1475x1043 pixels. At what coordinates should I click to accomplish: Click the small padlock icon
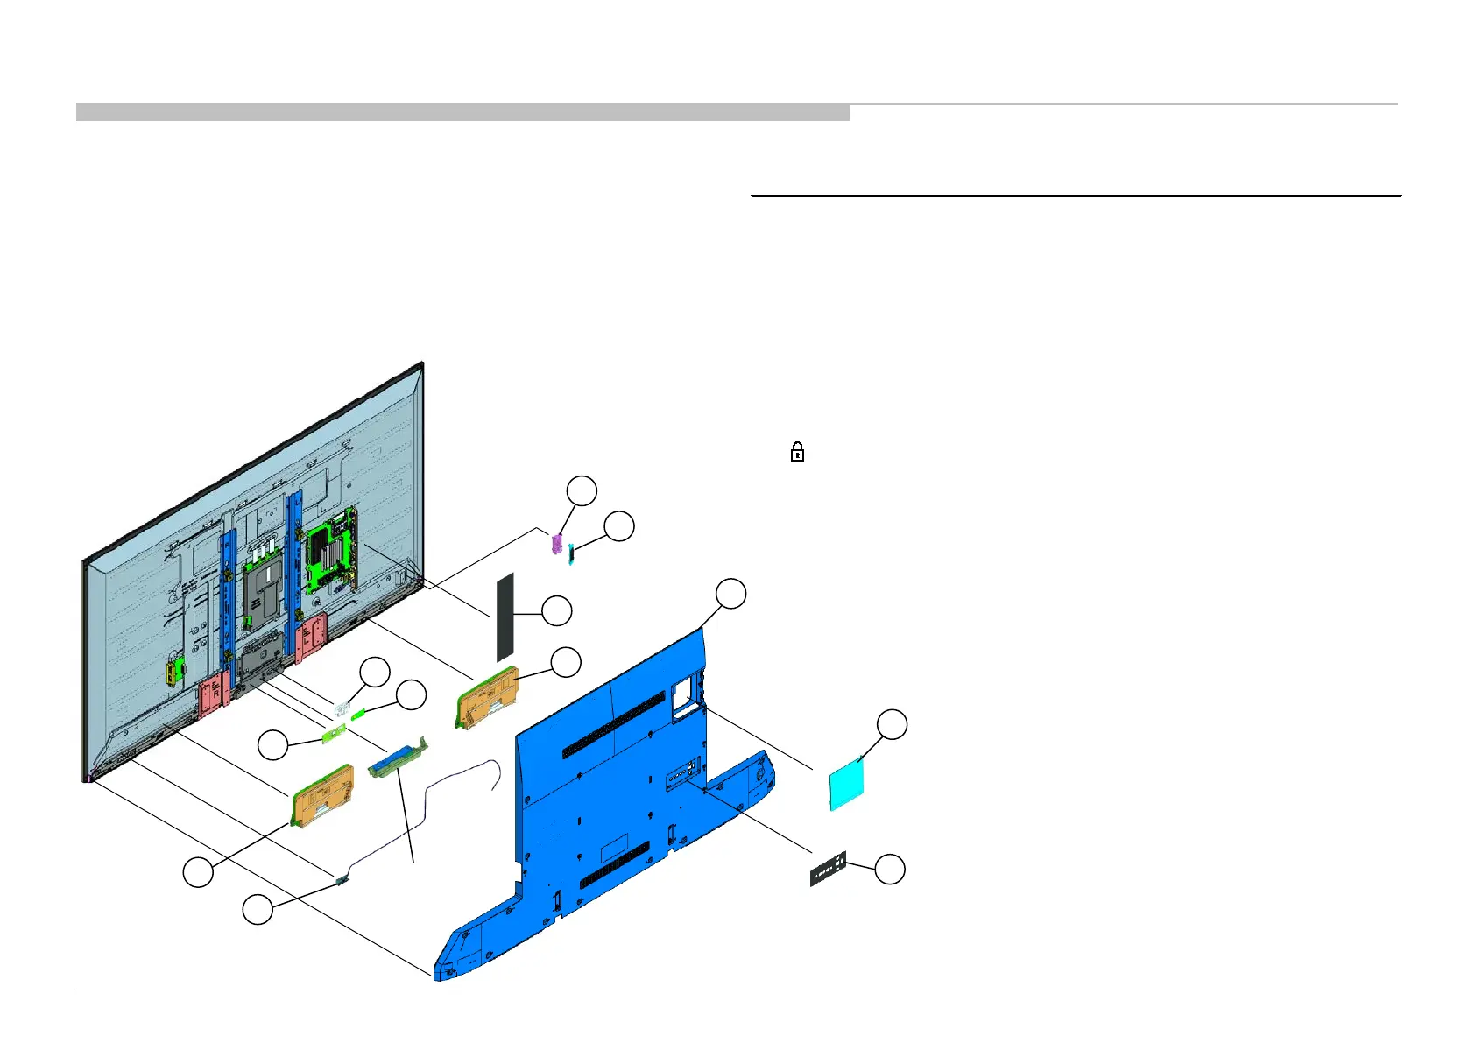(797, 452)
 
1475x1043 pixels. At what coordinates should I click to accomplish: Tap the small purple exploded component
(554, 544)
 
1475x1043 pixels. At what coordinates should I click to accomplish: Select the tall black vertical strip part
(505, 617)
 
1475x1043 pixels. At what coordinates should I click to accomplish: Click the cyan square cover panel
(847, 784)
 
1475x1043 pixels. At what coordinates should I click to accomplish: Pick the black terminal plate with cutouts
(828, 869)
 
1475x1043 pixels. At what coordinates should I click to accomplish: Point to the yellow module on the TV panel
(173, 673)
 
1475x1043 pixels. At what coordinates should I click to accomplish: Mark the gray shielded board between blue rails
(263, 595)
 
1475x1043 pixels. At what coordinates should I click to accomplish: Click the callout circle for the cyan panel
(893, 725)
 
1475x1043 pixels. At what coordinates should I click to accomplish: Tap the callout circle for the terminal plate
(890, 870)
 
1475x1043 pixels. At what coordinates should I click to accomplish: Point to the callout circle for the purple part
(582, 491)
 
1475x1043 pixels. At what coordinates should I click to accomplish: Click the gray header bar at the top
(462, 112)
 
